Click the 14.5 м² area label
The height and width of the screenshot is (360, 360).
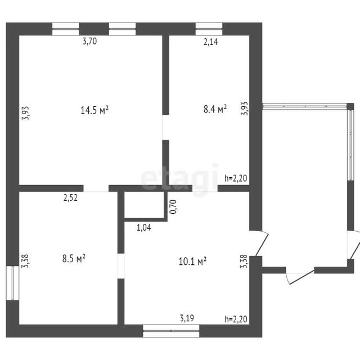[94, 110]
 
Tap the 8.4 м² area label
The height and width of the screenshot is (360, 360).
[215, 109]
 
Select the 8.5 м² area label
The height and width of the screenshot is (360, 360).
[74, 259]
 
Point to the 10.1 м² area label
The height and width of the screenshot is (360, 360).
[192, 261]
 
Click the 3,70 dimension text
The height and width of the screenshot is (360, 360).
[90, 41]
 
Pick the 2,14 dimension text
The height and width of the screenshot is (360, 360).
[211, 42]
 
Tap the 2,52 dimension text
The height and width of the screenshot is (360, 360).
[70, 197]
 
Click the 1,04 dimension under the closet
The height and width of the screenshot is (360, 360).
[144, 227]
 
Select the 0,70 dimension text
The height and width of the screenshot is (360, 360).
[173, 206]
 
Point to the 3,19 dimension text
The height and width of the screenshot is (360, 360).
[187, 318]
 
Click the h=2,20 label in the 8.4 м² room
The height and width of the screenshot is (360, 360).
[236, 178]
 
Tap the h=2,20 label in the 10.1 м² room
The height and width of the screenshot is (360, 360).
[236, 319]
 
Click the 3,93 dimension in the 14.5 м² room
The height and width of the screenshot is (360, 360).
[25, 113]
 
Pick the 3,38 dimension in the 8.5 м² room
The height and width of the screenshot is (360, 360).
[25, 261]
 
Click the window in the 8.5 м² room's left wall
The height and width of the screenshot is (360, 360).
[12, 283]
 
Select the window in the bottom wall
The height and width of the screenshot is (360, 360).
[171, 331]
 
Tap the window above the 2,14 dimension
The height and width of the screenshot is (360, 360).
[209, 29]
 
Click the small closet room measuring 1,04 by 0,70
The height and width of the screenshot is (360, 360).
[144, 205]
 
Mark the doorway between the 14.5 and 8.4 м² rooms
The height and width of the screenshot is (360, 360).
[166, 128]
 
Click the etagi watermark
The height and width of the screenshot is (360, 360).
[179, 178]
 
